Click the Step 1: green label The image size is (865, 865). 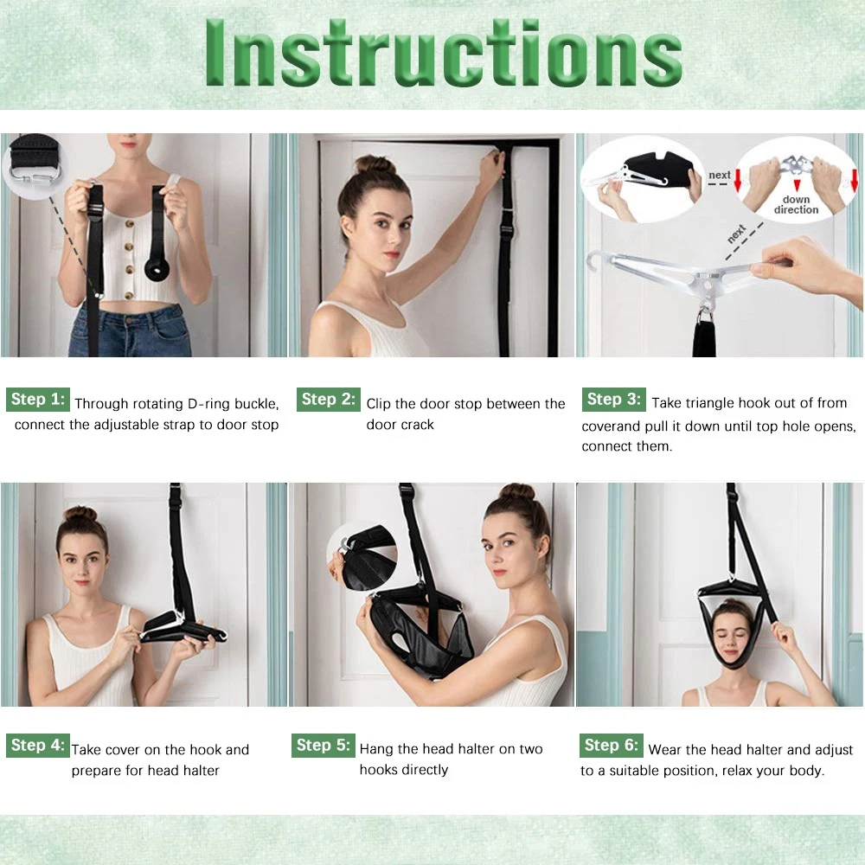pyautogui.click(x=38, y=400)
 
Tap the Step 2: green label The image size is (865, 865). pyautogui.click(x=328, y=400)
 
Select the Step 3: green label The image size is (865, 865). pyautogui.click(x=613, y=400)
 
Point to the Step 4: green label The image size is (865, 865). pyautogui.click(x=38, y=746)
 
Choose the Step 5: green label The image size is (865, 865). pyautogui.click(x=324, y=746)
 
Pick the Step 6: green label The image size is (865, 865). pyautogui.click(x=612, y=746)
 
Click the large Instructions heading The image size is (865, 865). pyautogui.click(x=444, y=53)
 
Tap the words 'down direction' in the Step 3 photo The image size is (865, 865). pyautogui.click(x=796, y=205)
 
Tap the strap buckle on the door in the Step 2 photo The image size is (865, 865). pyautogui.click(x=506, y=228)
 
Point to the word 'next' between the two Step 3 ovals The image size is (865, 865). pyautogui.click(x=720, y=175)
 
